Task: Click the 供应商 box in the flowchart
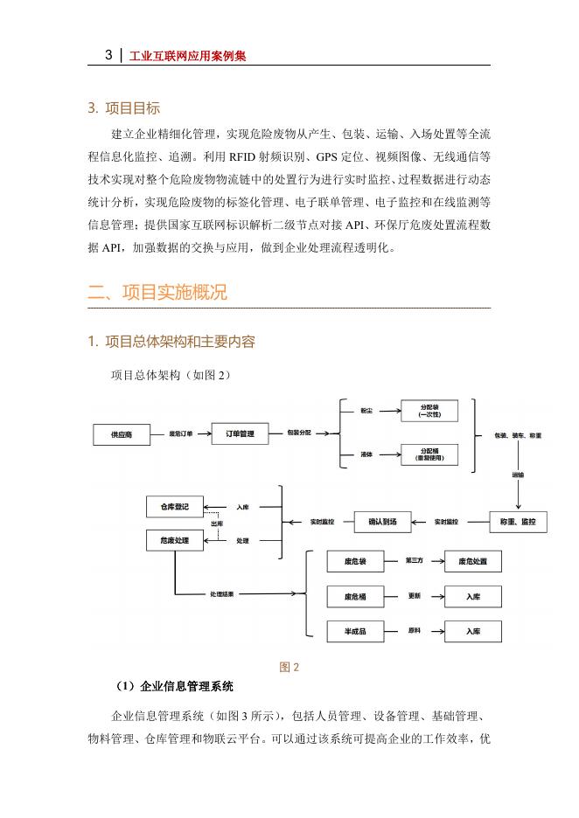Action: [x=122, y=433]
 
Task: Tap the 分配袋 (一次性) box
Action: [x=429, y=411]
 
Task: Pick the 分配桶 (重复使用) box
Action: [x=429, y=454]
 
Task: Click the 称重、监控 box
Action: [x=520, y=522]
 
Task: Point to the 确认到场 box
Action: [x=382, y=522]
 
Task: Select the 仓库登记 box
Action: [x=174, y=506]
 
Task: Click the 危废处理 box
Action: [x=174, y=541]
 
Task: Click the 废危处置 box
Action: [x=472, y=561]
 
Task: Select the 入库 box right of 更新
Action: [x=472, y=596]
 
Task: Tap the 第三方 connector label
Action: [x=415, y=560]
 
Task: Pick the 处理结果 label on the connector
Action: [x=221, y=593]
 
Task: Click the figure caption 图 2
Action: [x=289, y=668]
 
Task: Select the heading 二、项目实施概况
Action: [x=157, y=293]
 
